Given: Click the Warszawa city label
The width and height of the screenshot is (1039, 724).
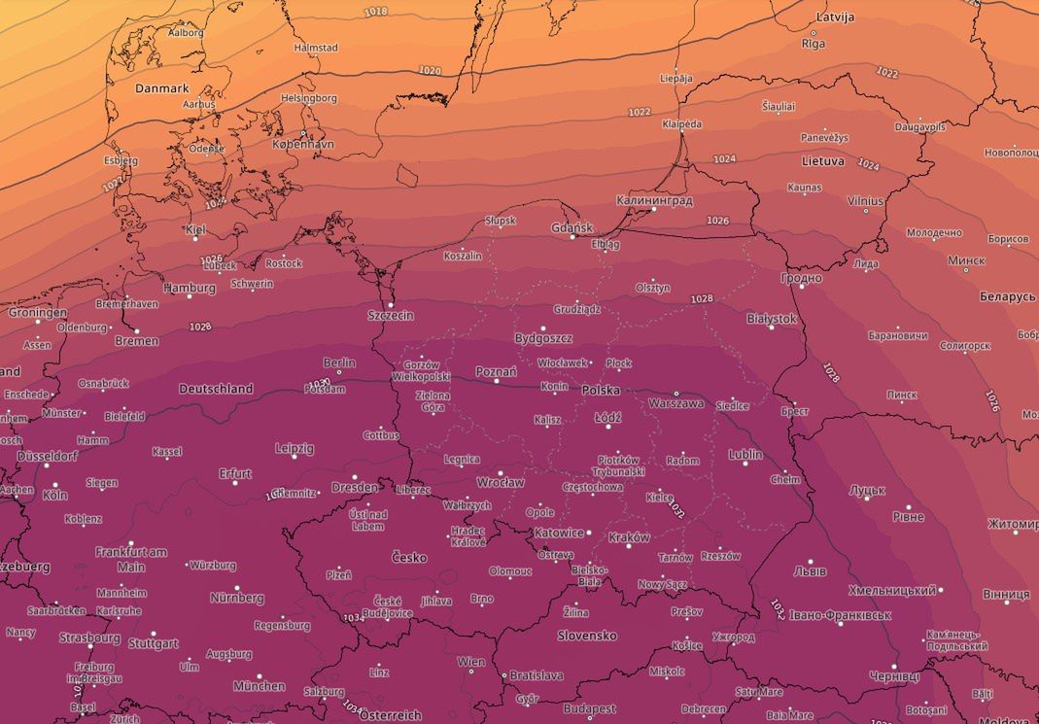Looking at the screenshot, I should pyautogui.click(x=675, y=402).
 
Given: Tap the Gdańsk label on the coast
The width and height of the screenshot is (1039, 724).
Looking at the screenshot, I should pyautogui.click(x=571, y=228).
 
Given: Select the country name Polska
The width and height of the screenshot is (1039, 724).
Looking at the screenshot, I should pyautogui.click(x=601, y=390).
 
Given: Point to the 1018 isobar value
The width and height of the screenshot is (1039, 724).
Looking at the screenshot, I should pyautogui.click(x=375, y=12).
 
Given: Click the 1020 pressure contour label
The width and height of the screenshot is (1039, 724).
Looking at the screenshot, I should pyautogui.click(x=429, y=71).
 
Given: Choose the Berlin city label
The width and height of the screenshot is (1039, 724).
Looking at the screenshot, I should pyautogui.click(x=339, y=362).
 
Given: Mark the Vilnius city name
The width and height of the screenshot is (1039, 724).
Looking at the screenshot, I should pyautogui.click(x=865, y=201).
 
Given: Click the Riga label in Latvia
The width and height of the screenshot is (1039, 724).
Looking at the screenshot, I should pyautogui.click(x=813, y=44).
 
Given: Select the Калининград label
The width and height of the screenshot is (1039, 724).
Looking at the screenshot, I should pyautogui.click(x=654, y=200).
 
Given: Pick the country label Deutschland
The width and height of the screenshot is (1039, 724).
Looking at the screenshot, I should pyautogui.click(x=216, y=389).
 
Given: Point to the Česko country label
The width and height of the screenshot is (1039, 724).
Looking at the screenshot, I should pyautogui.click(x=408, y=558).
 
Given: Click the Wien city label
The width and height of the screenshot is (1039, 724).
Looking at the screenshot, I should pyautogui.click(x=470, y=662).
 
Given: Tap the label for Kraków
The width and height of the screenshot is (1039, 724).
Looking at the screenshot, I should pyautogui.click(x=629, y=537).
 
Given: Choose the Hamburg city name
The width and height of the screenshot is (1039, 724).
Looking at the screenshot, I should pyautogui.click(x=190, y=288).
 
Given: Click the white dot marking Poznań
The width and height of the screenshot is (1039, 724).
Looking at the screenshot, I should pyautogui.click(x=497, y=381).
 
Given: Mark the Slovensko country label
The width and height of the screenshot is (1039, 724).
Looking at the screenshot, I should pyautogui.click(x=587, y=636).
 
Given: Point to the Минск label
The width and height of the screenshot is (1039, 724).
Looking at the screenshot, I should pyautogui.click(x=966, y=260).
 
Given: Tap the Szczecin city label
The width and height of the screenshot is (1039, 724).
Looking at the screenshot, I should pyautogui.click(x=391, y=315).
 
